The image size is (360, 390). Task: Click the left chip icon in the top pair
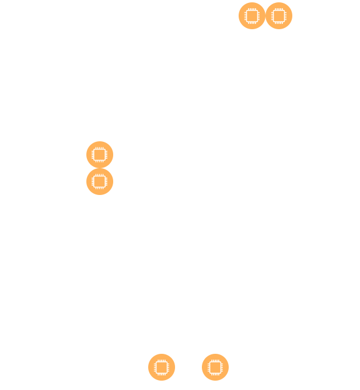252,16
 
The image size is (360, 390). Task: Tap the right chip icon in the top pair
279,16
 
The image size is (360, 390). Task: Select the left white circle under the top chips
242,41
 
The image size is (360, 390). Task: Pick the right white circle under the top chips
268,41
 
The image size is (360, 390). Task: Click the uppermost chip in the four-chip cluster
100,155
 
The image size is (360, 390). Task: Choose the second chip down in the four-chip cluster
100,182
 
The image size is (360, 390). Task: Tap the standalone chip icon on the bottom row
162,367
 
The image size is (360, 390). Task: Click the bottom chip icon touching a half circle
215,367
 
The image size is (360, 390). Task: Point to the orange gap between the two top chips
265,16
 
